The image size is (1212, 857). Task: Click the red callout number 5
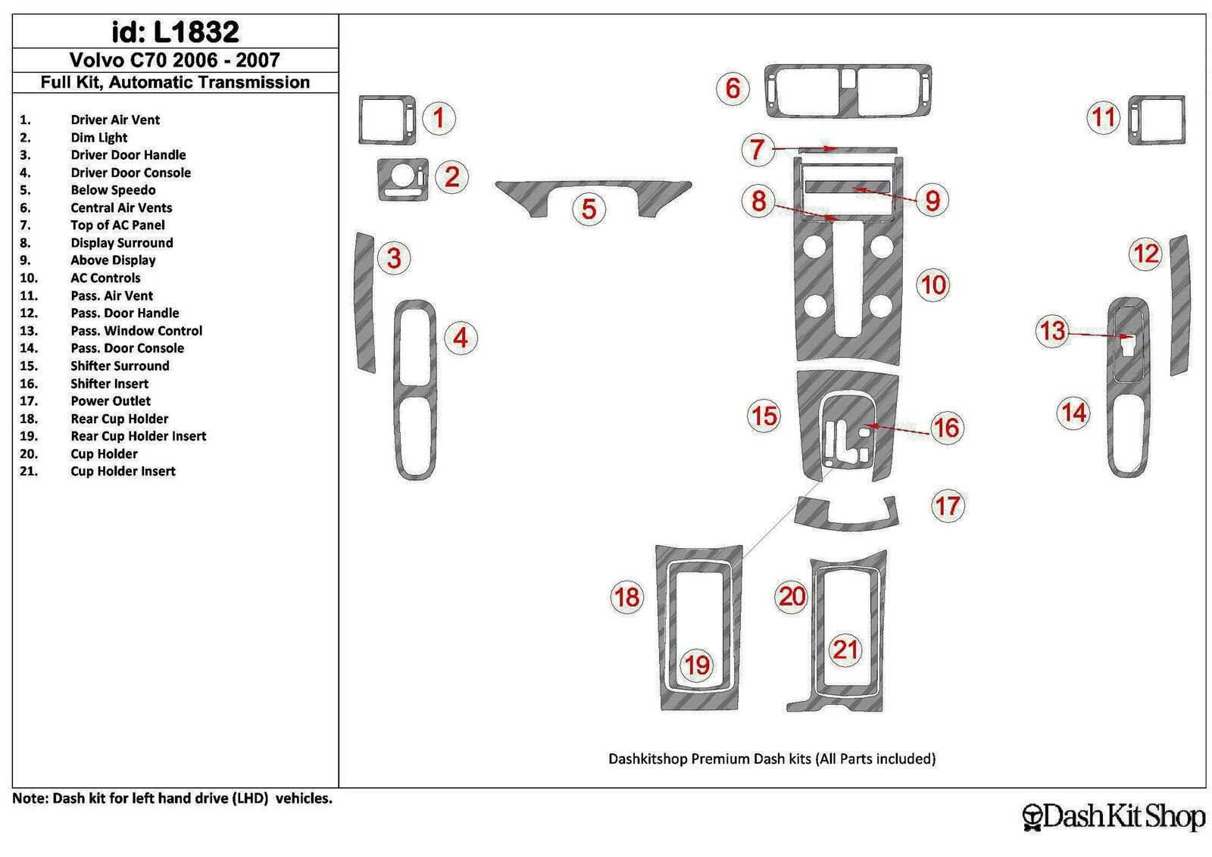point(589,209)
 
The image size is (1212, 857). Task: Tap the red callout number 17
point(948,506)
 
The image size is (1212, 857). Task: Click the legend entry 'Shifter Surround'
point(120,366)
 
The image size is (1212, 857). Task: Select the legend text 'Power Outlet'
point(111,401)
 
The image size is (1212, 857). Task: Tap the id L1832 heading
point(175,32)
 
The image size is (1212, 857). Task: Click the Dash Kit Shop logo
point(1114,817)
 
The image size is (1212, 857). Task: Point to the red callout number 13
point(1052,331)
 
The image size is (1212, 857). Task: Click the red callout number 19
point(697,665)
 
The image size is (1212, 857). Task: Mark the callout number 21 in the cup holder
point(845,650)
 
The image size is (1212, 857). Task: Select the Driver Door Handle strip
point(364,303)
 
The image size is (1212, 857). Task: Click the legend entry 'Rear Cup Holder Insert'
point(138,436)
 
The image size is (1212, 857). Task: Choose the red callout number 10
point(933,285)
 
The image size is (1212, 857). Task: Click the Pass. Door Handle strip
point(1181,306)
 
